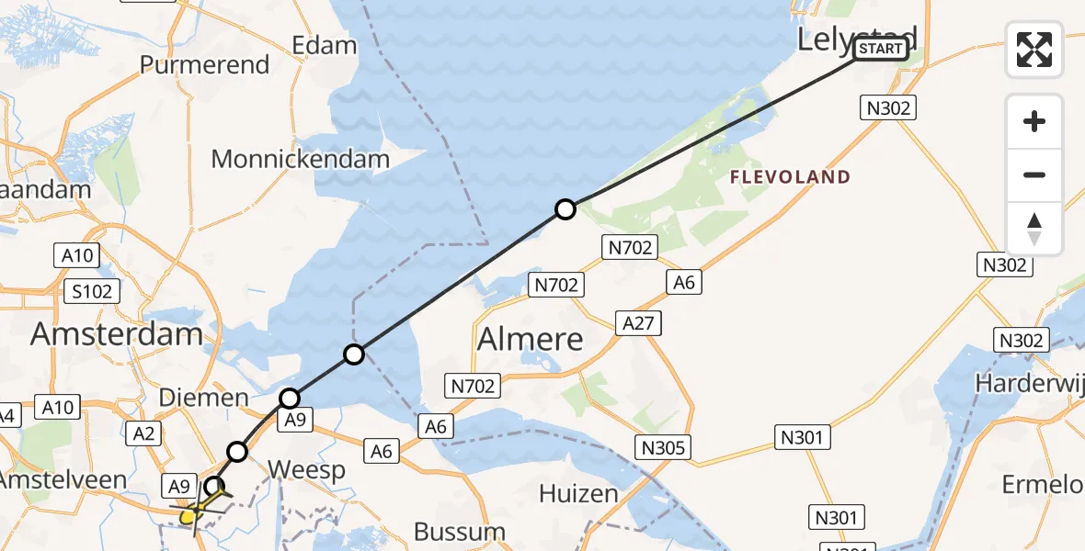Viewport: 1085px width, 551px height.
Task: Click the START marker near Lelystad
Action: pos(881,49)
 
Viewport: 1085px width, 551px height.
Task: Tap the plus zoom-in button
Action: pos(1034,121)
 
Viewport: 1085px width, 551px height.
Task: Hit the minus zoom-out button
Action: pos(1034,174)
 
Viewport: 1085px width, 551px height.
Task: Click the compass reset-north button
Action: pos(1034,229)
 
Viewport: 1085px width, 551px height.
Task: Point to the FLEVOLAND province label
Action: pos(791,177)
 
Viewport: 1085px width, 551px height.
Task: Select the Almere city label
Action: pos(531,340)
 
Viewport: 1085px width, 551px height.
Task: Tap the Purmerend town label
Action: pos(204,65)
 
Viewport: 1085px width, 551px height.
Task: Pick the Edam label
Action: pos(324,45)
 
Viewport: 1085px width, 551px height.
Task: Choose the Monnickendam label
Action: pos(301,159)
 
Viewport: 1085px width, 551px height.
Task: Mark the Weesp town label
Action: pos(306,470)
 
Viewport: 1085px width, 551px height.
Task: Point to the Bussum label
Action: pos(460,531)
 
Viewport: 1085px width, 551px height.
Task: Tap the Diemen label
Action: pos(204,398)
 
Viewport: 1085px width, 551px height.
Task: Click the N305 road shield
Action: pos(663,447)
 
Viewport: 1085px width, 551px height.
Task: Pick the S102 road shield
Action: pos(94,292)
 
